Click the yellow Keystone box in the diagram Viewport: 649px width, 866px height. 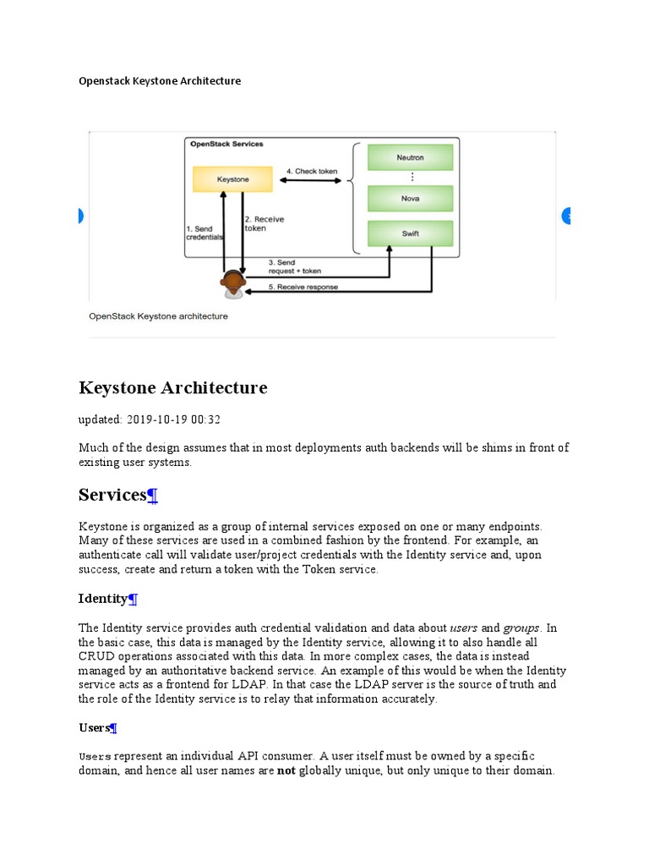click(232, 179)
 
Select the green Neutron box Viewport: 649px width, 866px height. click(410, 157)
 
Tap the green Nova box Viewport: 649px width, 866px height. click(410, 199)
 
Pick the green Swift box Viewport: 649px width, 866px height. click(410, 233)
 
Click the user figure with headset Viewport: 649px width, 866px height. click(232, 285)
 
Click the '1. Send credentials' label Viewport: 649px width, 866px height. click(204, 233)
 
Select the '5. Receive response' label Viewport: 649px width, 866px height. click(303, 287)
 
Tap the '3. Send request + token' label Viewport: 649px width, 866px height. click(294, 267)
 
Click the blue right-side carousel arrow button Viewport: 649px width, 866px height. click(567, 216)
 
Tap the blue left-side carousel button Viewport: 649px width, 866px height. click(80, 216)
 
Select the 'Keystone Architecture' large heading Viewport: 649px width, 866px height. click(172, 388)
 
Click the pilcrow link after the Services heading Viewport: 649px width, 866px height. click(153, 496)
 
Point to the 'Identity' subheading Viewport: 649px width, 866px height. click(102, 599)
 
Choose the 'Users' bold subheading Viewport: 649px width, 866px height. click(94, 727)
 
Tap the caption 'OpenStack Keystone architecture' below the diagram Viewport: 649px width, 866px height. click(158, 316)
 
